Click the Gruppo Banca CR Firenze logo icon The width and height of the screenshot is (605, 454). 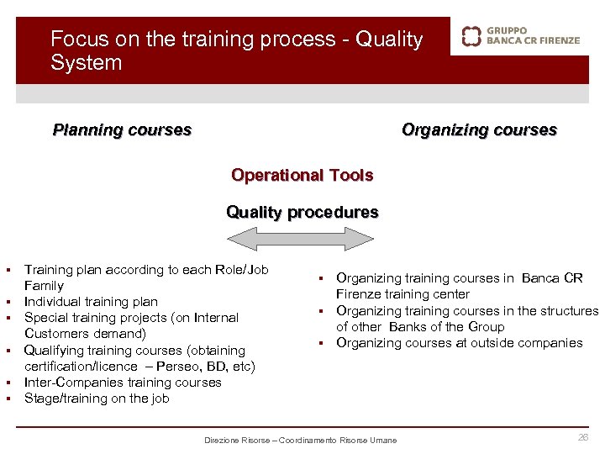[x=472, y=35]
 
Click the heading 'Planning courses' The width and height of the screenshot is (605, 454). [x=122, y=130]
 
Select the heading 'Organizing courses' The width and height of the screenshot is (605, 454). [x=479, y=130]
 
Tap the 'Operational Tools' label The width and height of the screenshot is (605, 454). [x=302, y=176]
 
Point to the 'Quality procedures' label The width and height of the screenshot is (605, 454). [x=302, y=213]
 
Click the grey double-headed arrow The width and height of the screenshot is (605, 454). [x=302, y=240]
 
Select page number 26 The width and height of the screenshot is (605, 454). [x=582, y=437]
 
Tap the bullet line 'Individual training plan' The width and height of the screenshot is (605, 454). [x=91, y=302]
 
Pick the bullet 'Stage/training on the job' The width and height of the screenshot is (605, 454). [x=97, y=399]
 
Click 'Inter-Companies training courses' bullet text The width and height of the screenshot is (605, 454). [x=123, y=383]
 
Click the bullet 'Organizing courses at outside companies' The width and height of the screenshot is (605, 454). [x=459, y=343]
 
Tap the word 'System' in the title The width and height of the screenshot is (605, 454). [x=86, y=63]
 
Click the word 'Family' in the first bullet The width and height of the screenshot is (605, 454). [x=44, y=286]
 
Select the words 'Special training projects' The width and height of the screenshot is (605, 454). [x=93, y=318]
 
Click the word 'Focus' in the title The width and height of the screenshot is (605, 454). [x=75, y=40]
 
